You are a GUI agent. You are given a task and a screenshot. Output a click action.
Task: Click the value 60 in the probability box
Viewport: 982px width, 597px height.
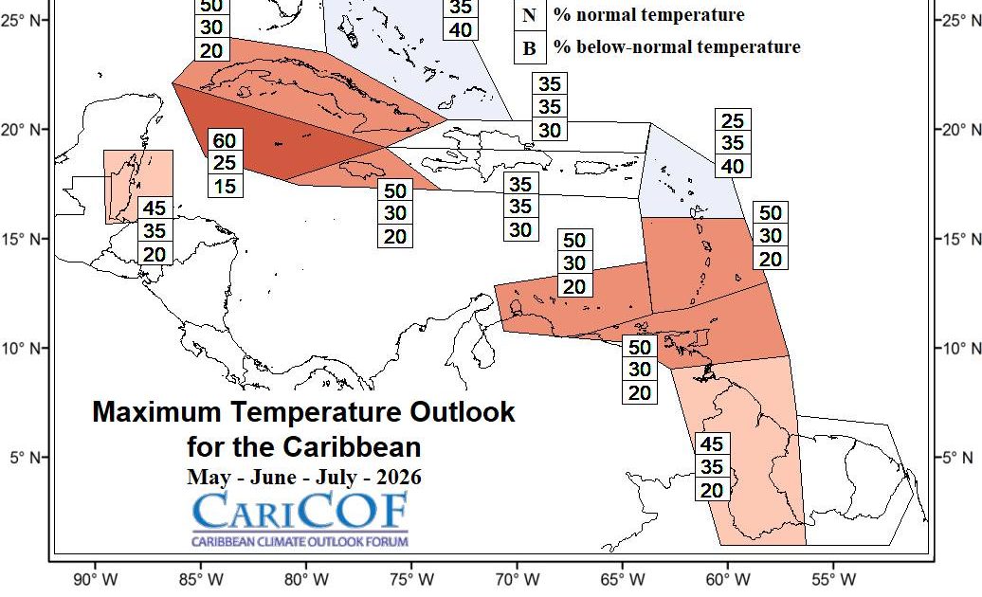click(225, 141)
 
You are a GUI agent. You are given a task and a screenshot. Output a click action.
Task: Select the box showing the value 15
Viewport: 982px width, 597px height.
click(225, 186)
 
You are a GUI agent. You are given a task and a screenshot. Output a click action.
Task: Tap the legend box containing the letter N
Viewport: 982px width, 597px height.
click(529, 15)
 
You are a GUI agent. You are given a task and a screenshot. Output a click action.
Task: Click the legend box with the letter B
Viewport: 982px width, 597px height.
click(529, 47)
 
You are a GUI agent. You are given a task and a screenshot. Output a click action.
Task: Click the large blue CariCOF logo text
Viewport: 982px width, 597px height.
click(300, 511)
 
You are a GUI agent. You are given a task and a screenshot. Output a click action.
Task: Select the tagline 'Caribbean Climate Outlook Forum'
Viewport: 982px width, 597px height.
click(300, 541)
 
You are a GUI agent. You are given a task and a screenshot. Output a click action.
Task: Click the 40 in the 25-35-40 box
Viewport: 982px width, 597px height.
click(734, 166)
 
